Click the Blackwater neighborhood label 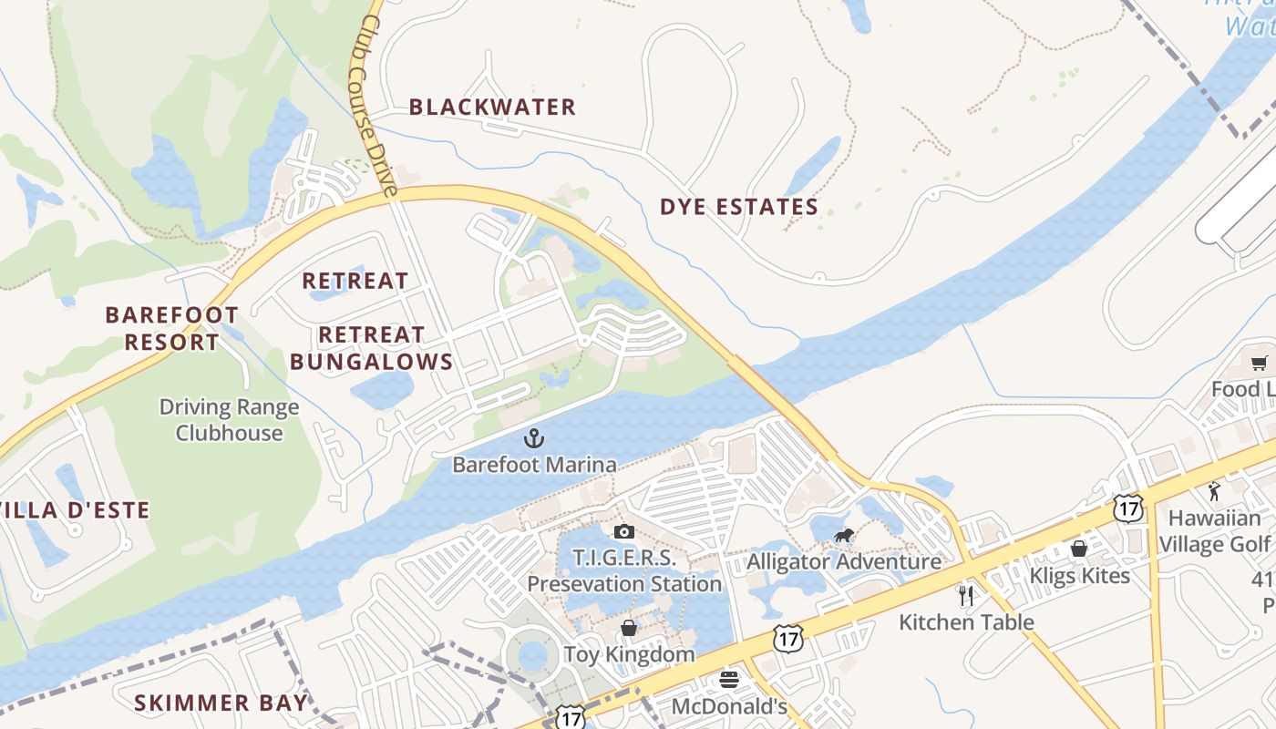coord(492,108)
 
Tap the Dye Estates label coord(739,208)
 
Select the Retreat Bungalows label coord(371,348)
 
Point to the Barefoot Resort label coord(171,329)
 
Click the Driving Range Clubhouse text coord(229,420)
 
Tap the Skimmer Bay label coord(221,703)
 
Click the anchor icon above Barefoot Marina coord(533,439)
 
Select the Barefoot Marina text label coord(534,465)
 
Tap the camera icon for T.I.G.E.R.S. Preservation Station coord(624,531)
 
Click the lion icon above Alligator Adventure coord(843,535)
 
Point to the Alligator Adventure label coord(844,561)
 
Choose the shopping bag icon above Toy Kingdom coord(629,628)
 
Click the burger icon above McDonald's coord(728,679)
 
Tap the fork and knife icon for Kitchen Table coord(966,596)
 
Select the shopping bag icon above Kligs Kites coord(1079,549)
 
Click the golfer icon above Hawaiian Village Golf coord(1213,492)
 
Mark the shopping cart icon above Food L coord(1260,364)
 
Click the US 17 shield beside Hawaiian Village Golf coord(1128,508)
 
